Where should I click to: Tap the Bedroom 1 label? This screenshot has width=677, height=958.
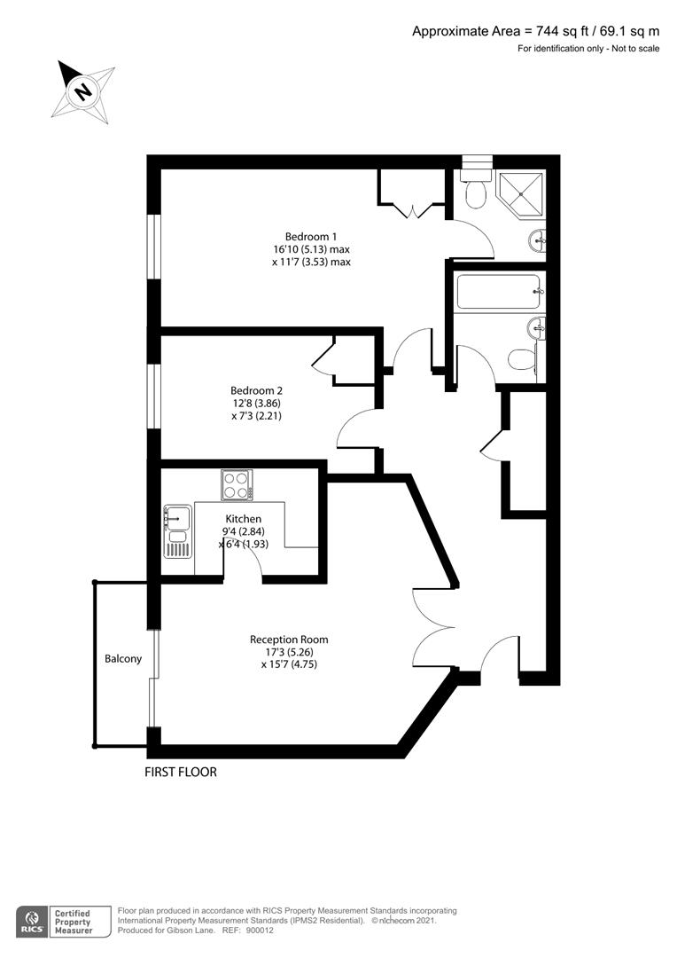click(311, 237)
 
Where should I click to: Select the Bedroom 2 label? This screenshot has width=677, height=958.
click(256, 390)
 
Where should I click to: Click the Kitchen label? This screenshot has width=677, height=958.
click(243, 519)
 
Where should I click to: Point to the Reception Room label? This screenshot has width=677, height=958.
click(289, 640)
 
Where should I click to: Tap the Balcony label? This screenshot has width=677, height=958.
click(123, 658)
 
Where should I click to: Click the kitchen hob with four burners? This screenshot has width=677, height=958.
click(237, 485)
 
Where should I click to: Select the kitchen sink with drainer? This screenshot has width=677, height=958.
click(177, 531)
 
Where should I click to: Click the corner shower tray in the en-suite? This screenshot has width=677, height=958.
click(521, 194)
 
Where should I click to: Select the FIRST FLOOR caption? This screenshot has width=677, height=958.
click(181, 773)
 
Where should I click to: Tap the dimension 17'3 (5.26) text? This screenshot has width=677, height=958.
click(290, 652)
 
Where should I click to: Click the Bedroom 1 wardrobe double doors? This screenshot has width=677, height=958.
click(413, 212)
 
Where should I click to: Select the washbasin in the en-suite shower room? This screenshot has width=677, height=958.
click(538, 240)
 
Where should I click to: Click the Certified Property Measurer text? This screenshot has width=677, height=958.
click(74, 922)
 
